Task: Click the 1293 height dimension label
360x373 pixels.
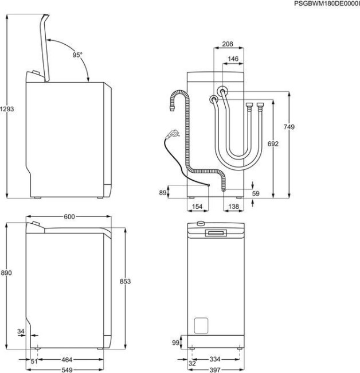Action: (x=7, y=108)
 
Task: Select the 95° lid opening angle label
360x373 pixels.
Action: (x=77, y=55)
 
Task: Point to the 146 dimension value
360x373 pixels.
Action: (x=233, y=59)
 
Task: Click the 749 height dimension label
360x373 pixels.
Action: (x=289, y=127)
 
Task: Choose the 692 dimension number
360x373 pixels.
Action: (x=273, y=144)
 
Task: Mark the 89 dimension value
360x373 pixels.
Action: (x=162, y=193)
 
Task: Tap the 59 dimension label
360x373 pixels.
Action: (x=256, y=194)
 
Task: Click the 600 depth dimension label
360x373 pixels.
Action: (x=69, y=216)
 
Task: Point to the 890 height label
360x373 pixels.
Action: (x=7, y=273)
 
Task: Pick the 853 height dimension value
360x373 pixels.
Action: (x=126, y=281)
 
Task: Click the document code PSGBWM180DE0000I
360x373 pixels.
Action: (x=326, y=4)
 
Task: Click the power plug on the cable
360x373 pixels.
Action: (x=171, y=134)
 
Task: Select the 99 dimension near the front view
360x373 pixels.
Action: (x=175, y=342)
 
